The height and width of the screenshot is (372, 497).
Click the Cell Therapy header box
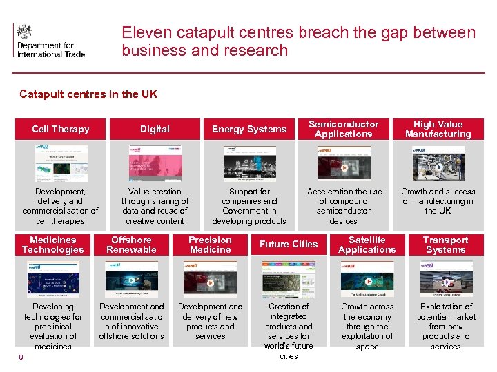[x=60, y=129]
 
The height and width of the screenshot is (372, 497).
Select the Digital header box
[x=155, y=129]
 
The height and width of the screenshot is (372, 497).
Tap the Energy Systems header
[x=249, y=129]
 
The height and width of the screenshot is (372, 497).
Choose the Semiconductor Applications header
[x=344, y=129]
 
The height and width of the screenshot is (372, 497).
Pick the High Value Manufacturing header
[x=438, y=129]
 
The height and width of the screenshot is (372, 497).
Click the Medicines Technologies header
[x=52, y=245]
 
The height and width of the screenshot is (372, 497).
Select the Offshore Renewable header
[x=131, y=245]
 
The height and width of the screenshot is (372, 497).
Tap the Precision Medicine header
[x=211, y=245]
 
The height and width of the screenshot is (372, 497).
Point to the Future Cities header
[x=289, y=245]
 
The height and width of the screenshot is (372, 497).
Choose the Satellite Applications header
[x=367, y=245]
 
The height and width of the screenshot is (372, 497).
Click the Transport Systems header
[x=446, y=245]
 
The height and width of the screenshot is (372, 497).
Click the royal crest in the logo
[x=25, y=32]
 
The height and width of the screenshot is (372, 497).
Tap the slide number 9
[x=21, y=356]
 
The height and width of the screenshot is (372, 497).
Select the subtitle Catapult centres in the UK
[x=88, y=94]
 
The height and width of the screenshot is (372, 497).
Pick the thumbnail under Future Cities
[x=289, y=279]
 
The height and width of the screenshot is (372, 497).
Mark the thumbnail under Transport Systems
[x=446, y=279]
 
